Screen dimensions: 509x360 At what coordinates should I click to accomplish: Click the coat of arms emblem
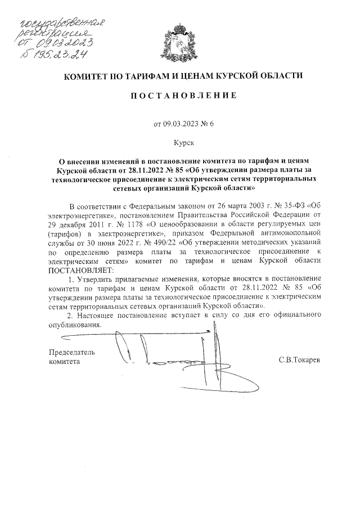pos(179,43)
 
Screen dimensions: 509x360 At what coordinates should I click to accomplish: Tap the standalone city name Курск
pos(179,143)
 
